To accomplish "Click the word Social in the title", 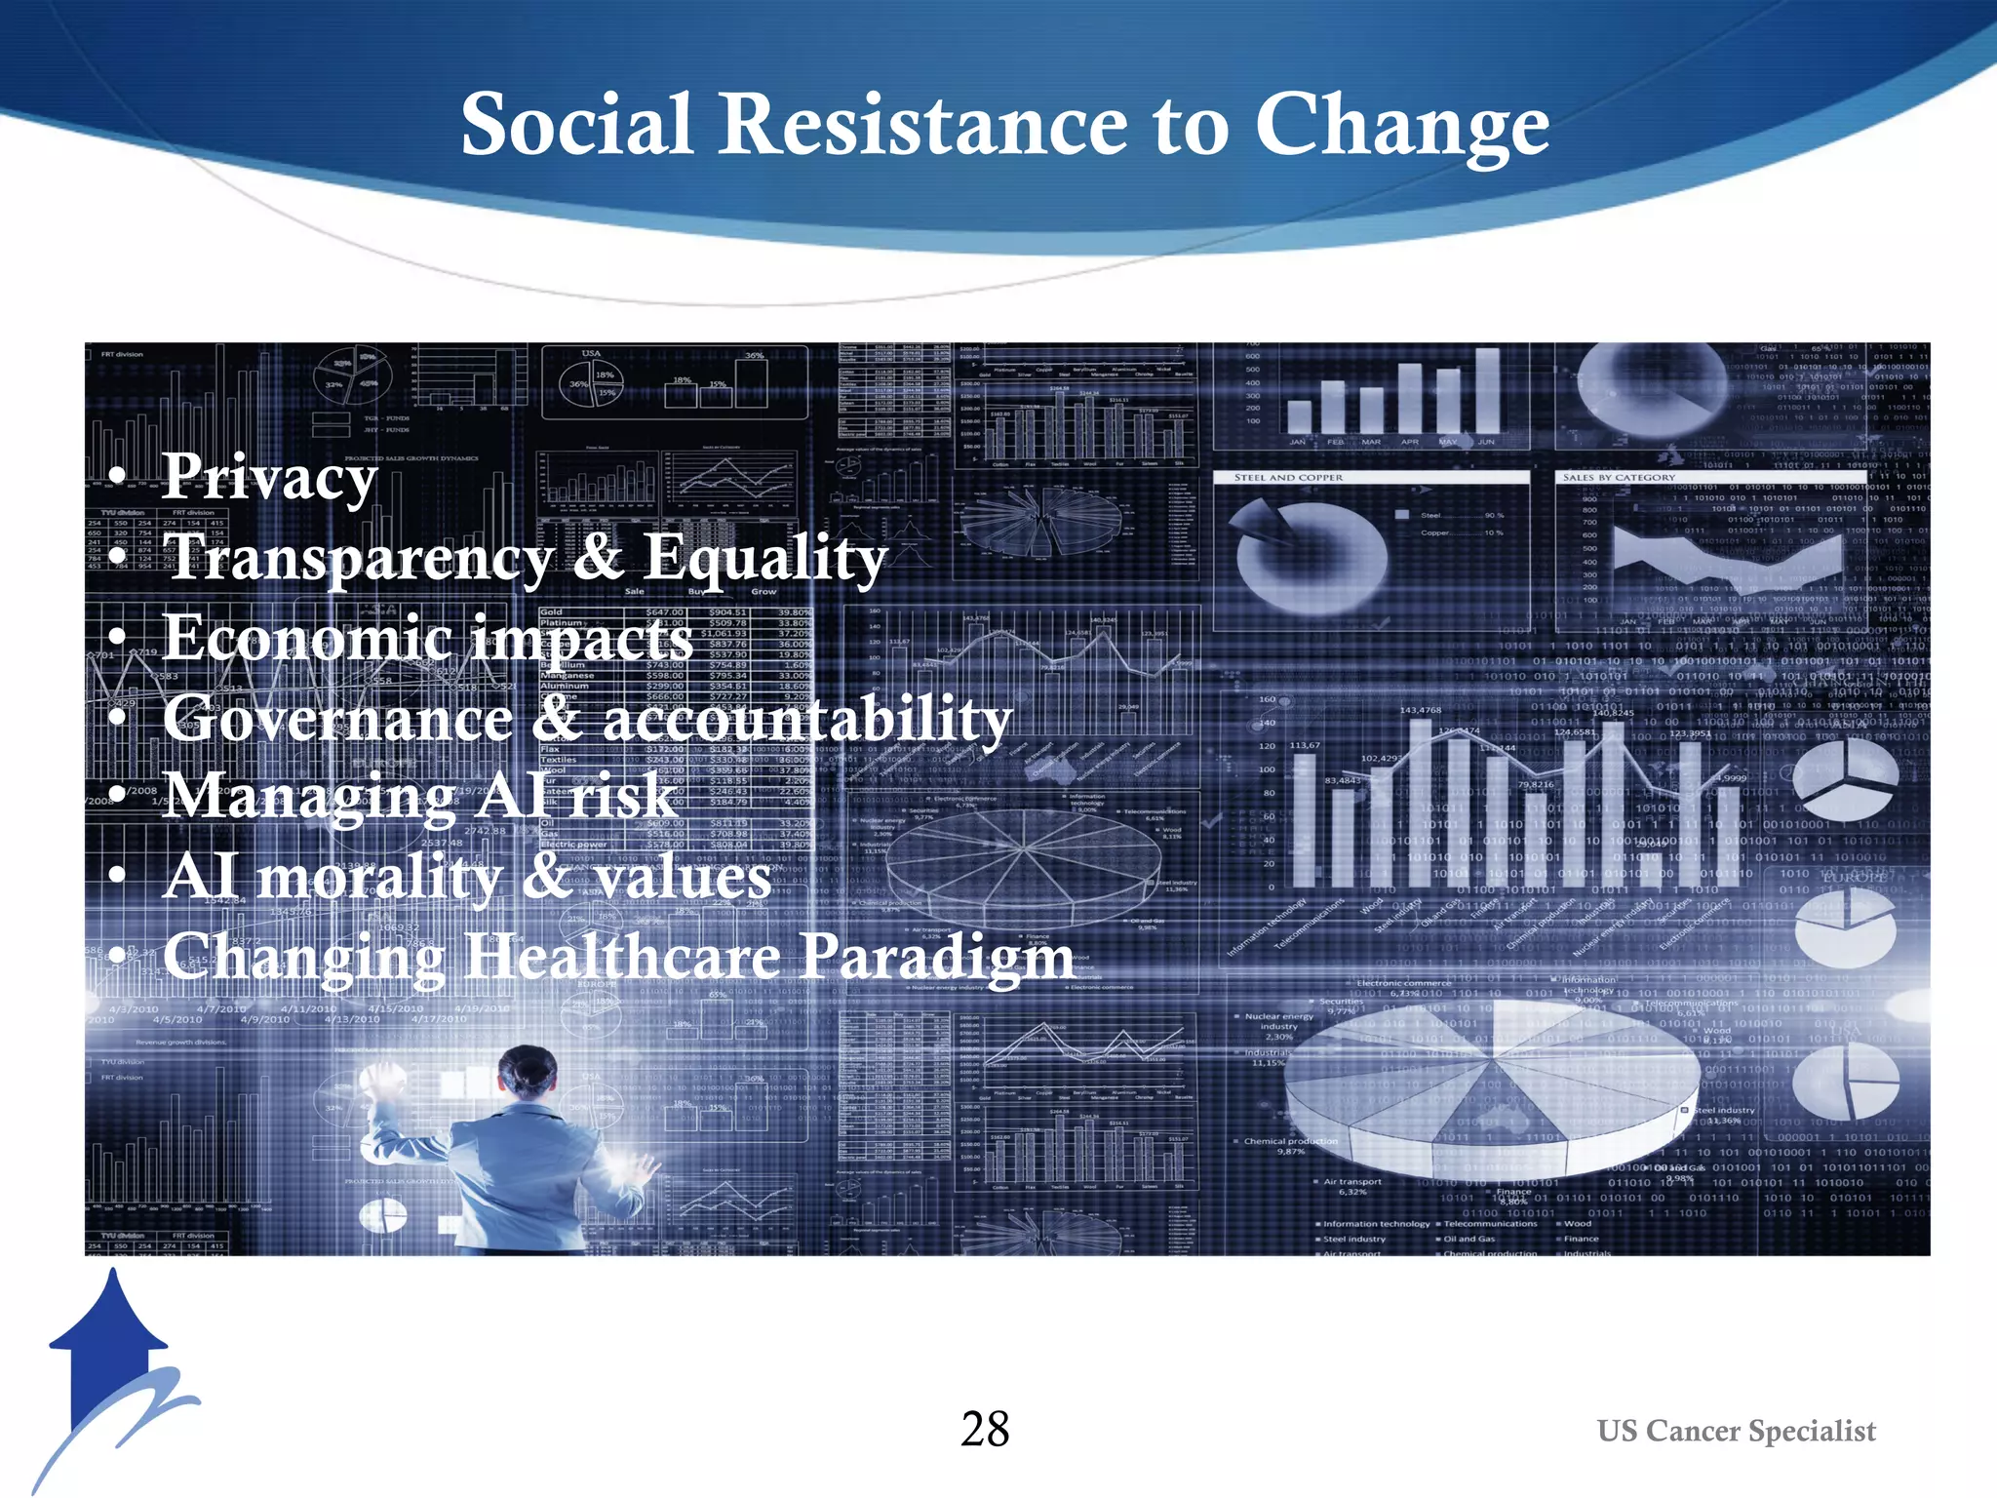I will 576,125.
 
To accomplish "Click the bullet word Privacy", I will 269,478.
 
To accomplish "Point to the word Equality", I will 764,559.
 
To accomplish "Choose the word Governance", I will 337,718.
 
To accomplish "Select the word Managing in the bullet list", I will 308,798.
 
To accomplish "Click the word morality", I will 378,877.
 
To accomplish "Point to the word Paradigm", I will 936,958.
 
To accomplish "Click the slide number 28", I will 985,1430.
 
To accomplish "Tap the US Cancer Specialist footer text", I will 1736,1431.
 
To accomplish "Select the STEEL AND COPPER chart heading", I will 1288,478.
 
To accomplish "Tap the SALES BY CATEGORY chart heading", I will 1619,478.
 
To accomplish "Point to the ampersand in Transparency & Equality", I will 597,557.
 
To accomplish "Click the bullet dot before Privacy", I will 118,477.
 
